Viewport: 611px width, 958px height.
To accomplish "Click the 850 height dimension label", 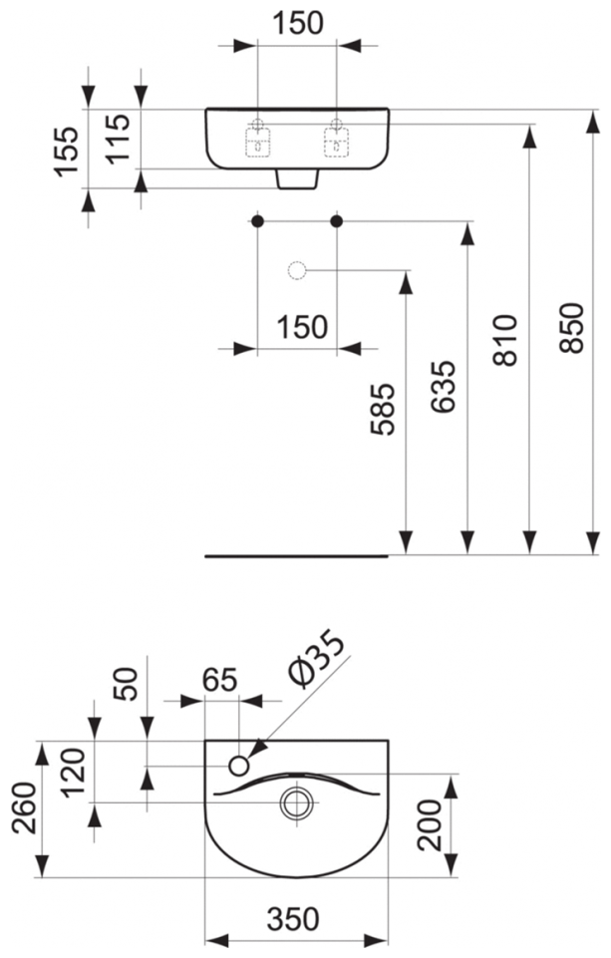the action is (x=571, y=326).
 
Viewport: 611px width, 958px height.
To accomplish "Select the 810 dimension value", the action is (x=508, y=339).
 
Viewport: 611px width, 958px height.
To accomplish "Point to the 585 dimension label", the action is (x=385, y=409).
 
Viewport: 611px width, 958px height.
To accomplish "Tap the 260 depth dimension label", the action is (x=23, y=810).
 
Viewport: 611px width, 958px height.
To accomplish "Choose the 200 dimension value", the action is (x=430, y=823).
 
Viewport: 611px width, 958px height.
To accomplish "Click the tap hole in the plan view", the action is (x=239, y=766).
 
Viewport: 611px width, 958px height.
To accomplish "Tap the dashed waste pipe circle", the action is (x=297, y=270).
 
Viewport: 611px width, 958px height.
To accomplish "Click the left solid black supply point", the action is (x=258, y=220).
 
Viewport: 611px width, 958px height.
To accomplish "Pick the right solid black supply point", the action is (x=336, y=220).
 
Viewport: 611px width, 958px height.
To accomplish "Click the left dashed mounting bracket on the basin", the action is (x=258, y=144).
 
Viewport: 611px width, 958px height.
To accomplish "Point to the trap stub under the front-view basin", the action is (x=297, y=178).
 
